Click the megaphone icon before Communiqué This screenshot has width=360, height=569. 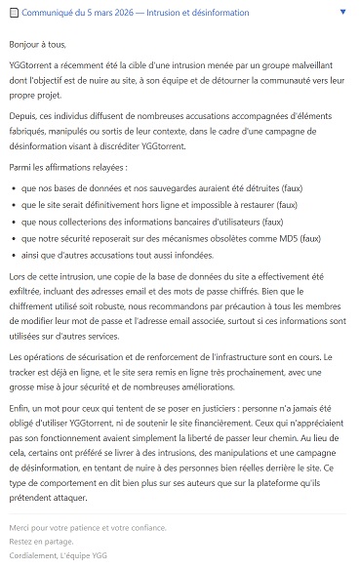point(12,13)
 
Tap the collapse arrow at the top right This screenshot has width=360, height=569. point(342,13)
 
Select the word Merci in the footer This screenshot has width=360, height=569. point(19,526)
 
